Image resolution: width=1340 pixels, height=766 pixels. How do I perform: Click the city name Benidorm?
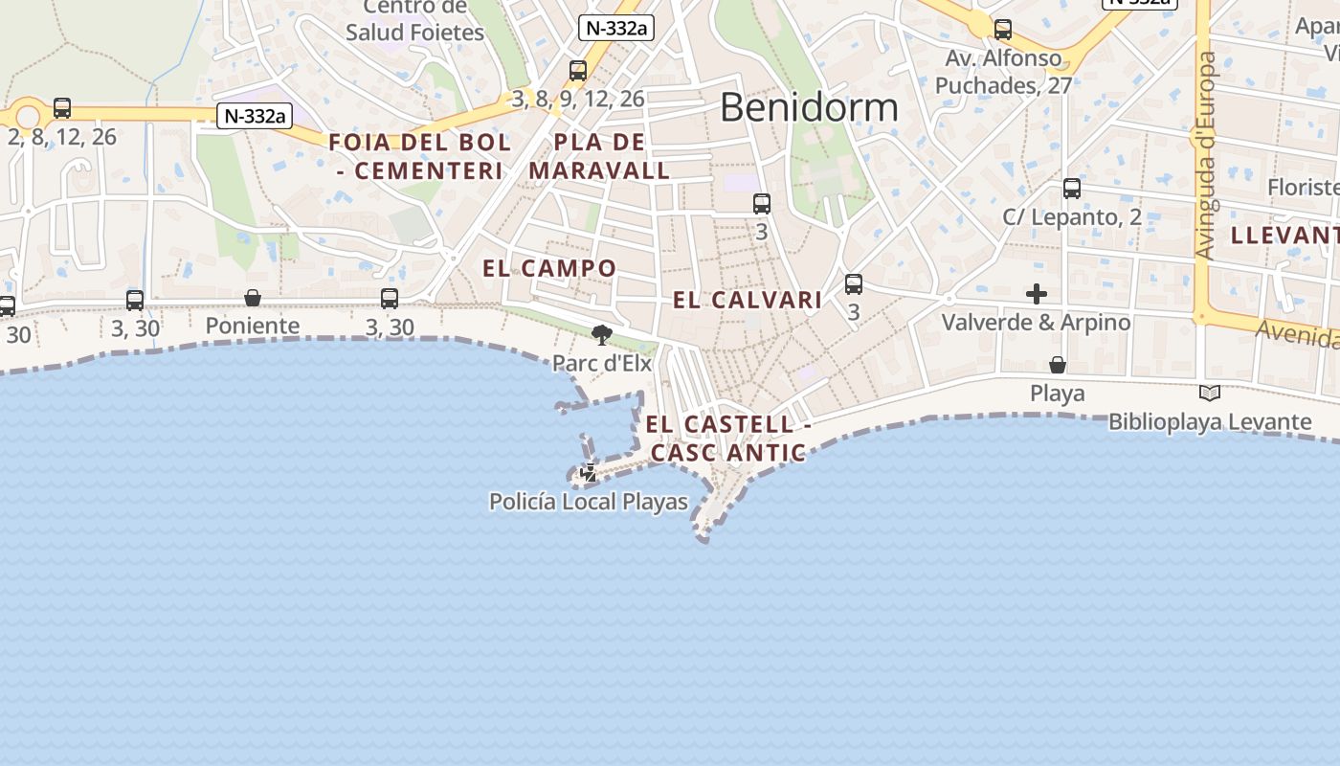pos(809,107)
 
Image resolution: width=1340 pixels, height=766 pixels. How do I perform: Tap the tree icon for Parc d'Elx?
pos(601,335)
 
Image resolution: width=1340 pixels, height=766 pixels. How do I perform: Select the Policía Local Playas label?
pos(588,502)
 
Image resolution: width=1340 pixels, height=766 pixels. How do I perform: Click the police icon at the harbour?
pos(588,473)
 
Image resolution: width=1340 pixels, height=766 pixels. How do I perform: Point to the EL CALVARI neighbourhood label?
pos(748,300)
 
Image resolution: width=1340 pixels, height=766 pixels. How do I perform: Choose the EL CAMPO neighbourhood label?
pos(549,268)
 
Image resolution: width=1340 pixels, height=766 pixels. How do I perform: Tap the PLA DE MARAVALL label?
pos(599,156)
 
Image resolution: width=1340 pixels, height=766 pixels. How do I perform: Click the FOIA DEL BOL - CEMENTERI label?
pos(419,156)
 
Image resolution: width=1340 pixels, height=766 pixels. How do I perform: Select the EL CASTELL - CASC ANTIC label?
pos(727,439)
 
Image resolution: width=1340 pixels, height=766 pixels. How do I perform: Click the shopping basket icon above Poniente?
pos(253,298)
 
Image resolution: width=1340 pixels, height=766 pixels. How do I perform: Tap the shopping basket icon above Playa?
pos(1058,365)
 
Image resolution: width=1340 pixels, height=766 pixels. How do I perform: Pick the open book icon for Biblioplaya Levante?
pos(1210,393)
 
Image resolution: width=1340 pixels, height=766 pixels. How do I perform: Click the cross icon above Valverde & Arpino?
pos(1036,294)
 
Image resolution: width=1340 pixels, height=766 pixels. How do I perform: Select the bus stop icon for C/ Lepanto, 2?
pos(1072,189)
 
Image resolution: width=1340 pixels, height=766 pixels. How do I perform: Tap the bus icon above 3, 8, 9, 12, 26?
pos(577,70)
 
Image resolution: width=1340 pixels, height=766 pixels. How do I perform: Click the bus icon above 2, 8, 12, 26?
pos(62,108)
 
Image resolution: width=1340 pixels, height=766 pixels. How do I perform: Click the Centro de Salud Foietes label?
pos(415,21)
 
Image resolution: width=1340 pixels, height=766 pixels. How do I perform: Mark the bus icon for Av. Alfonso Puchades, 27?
pos(1003,30)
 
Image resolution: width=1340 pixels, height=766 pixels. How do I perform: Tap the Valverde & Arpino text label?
pos(1036,323)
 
